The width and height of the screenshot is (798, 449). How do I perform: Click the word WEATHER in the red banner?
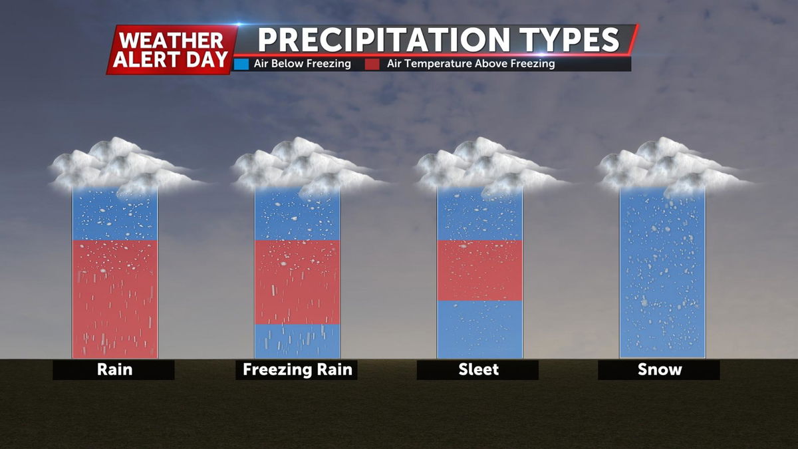click(x=171, y=41)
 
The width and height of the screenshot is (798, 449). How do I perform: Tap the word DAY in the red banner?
click(x=207, y=59)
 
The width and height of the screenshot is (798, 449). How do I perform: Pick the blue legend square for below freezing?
click(x=241, y=64)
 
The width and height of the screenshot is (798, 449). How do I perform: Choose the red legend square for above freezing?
click(x=372, y=64)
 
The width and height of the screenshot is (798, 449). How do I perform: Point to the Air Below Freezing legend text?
click(x=302, y=64)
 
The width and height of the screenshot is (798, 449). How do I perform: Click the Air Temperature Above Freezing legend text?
click(x=471, y=64)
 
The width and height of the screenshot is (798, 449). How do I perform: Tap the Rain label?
click(x=114, y=370)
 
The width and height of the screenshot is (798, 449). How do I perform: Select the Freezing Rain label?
click(x=297, y=370)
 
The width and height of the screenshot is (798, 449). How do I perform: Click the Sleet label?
click(x=478, y=370)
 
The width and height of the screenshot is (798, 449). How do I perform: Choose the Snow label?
click(x=660, y=370)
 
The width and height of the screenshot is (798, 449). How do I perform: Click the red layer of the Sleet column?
click(x=480, y=271)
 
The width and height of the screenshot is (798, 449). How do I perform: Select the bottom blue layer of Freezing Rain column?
click(x=297, y=341)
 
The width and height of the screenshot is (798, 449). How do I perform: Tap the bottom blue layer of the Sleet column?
click(x=480, y=330)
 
